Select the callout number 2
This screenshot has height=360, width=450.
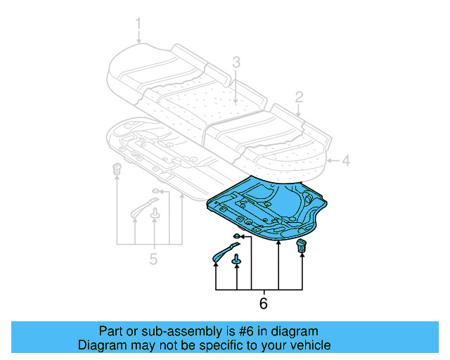click(299, 97)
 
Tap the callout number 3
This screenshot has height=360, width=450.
click(236, 63)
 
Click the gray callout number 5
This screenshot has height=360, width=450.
click(153, 259)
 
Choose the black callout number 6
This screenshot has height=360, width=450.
click(263, 304)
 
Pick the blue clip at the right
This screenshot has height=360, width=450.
click(302, 245)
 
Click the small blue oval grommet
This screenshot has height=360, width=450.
click(238, 235)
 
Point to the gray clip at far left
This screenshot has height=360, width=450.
click(117, 169)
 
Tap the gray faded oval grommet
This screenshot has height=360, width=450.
click(156, 191)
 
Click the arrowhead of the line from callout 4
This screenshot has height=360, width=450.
click(328, 161)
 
